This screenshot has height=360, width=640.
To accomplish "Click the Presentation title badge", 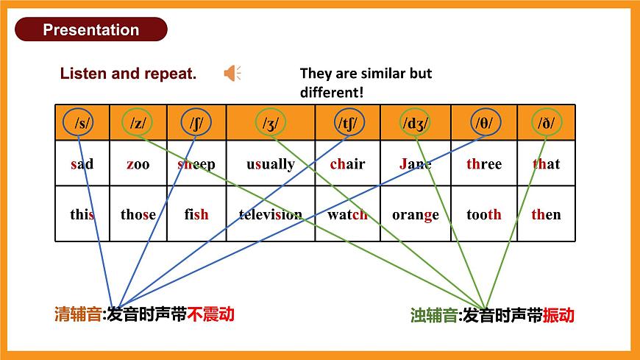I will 90,29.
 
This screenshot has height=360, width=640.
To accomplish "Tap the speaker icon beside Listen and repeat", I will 232,73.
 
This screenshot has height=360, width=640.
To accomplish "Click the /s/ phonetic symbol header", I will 82,122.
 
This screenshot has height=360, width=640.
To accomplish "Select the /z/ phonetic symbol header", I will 138,122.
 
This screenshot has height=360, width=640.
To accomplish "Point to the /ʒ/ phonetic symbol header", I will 271,122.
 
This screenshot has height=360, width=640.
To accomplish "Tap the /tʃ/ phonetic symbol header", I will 348,122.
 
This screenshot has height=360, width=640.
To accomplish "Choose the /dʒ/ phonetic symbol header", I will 416,122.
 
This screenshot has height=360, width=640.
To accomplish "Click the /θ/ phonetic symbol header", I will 484,122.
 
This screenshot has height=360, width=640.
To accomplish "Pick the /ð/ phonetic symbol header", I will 546,122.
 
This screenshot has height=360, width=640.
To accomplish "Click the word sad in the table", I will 82,164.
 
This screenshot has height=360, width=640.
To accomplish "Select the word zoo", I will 138,164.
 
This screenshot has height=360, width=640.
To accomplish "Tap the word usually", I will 271,164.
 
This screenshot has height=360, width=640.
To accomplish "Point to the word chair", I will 347,164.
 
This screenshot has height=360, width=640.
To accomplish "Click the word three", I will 484,164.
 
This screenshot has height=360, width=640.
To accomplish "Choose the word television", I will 271,215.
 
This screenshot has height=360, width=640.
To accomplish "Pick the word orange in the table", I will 416,215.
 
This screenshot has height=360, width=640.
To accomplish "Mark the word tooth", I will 484,215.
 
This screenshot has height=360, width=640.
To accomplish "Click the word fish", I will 196,215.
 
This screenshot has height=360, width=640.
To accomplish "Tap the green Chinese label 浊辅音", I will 433,316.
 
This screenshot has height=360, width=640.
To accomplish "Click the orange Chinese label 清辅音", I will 77,314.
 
